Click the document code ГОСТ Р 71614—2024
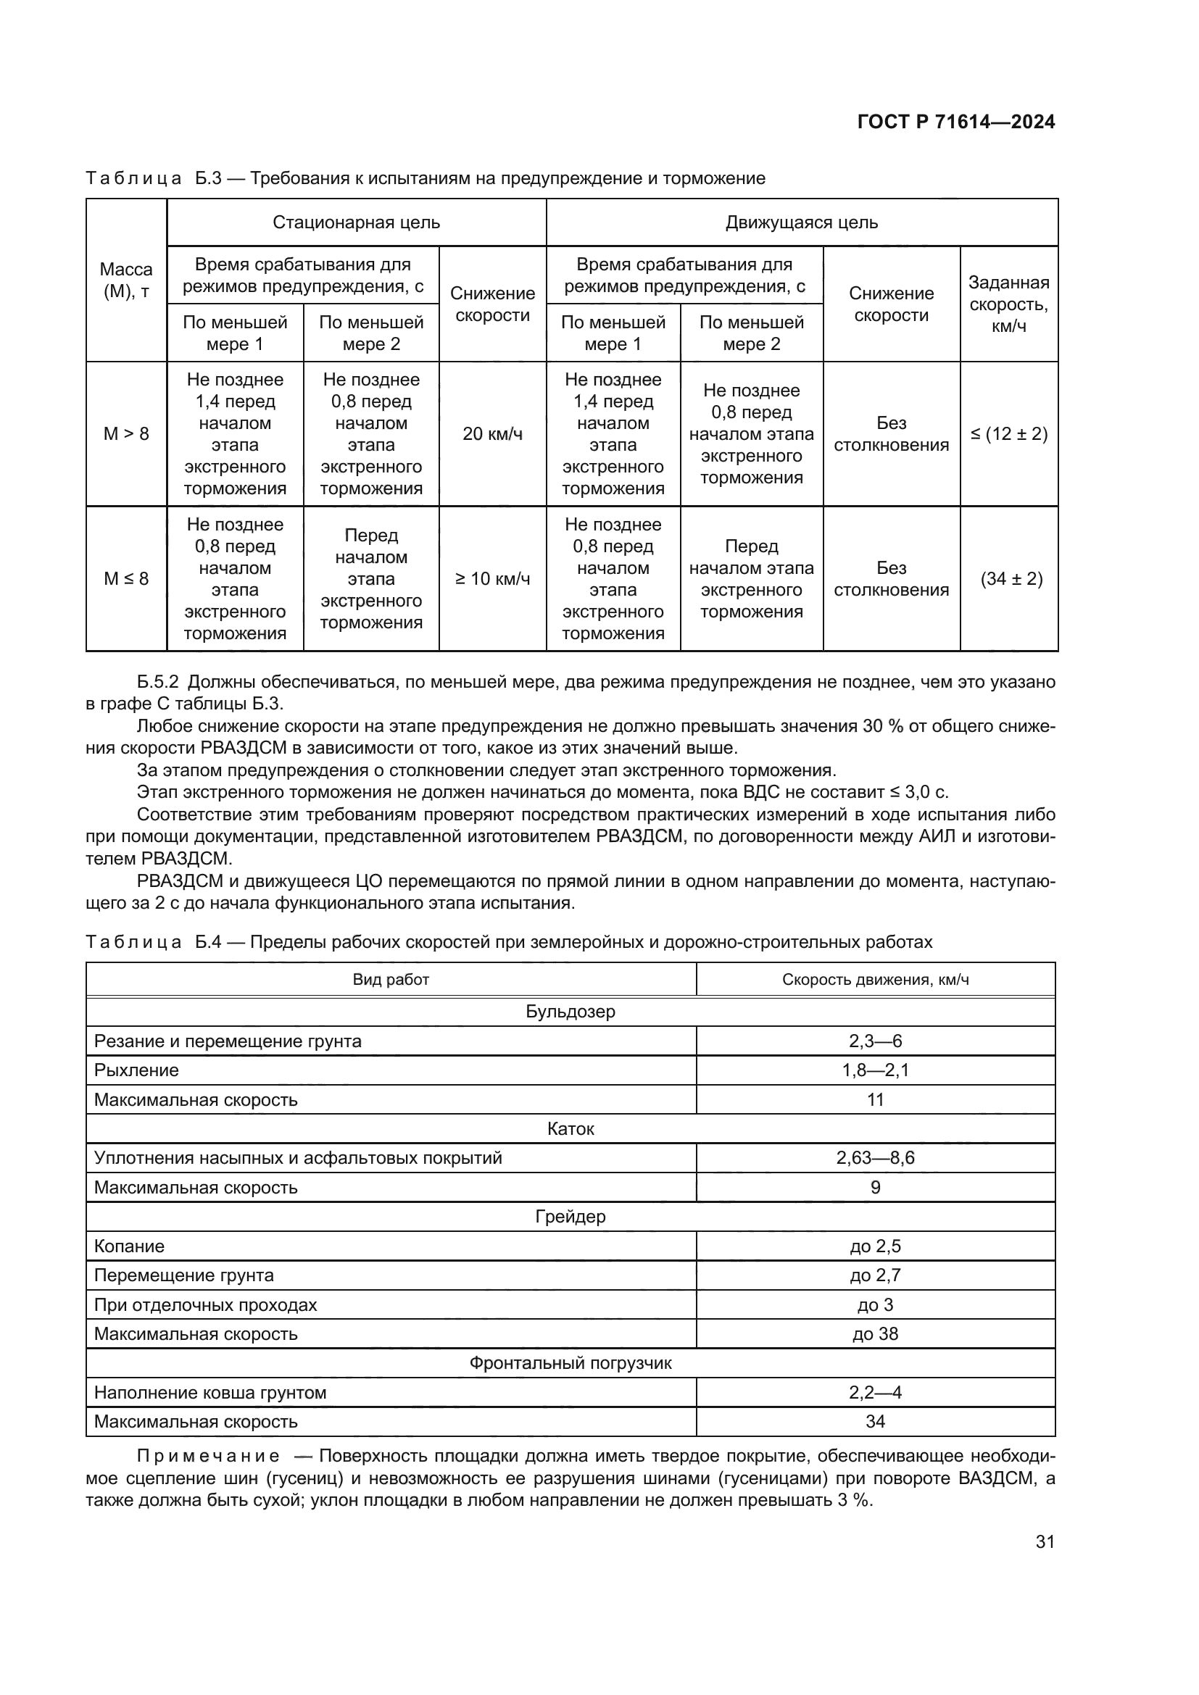[x=956, y=122]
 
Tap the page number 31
[x=1045, y=1541]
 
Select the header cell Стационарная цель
[x=356, y=222]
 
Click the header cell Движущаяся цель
[x=802, y=222]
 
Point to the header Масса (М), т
[x=126, y=280]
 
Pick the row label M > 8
[x=126, y=434]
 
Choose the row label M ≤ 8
[x=126, y=579]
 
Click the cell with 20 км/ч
[x=492, y=434]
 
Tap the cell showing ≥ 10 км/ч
[x=492, y=579]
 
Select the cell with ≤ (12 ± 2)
[x=1008, y=434]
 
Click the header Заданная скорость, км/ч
[x=1008, y=304]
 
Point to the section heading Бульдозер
[x=570, y=1012]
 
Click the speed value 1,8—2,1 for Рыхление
[x=875, y=1070]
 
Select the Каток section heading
[x=570, y=1128]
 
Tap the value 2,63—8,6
[x=875, y=1157]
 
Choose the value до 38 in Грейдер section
[x=875, y=1333]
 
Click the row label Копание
[x=129, y=1246]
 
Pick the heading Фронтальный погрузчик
[x=570, y=1363]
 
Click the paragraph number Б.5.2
[x=158, y=682]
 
